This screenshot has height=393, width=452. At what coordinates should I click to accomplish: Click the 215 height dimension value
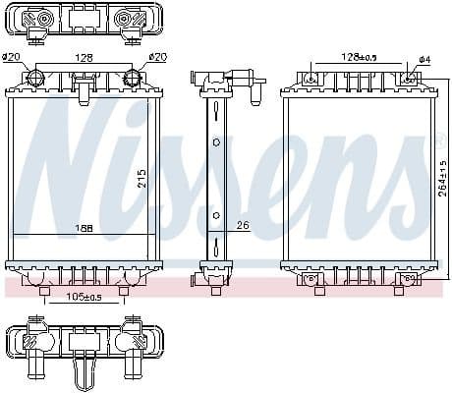(x=141, y=178)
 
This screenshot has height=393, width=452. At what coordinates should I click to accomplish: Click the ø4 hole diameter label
(x=424, y=60)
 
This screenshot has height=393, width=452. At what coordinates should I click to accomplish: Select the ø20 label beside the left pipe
(x=12, y=57)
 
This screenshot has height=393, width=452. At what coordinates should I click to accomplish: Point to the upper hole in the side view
(x=216, y=141)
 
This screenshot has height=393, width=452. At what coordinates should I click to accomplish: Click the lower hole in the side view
(x=216, y=213)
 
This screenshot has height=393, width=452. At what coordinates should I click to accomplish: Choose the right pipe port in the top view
(x=127, y=19)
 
